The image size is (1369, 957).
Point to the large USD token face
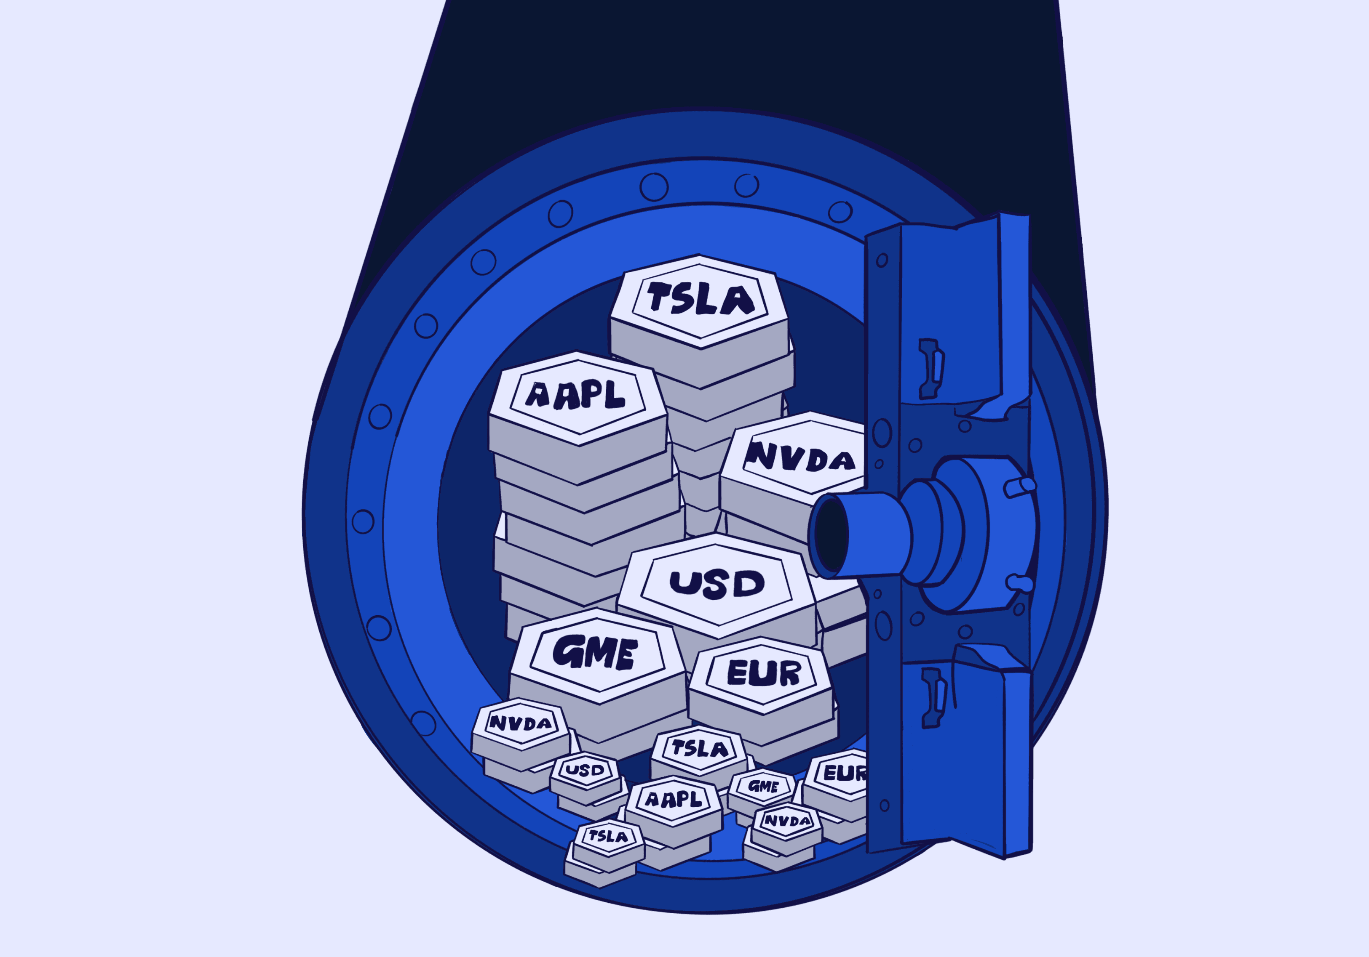click(x=717, y=584)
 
